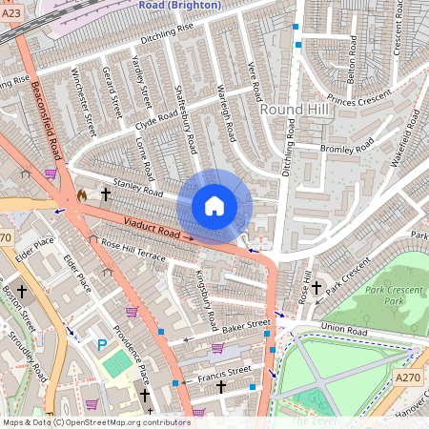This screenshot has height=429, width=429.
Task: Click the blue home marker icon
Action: tap(214, 205)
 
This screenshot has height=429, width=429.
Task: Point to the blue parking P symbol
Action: tap(102, 343)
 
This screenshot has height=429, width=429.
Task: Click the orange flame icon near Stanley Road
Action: tap(82, 194)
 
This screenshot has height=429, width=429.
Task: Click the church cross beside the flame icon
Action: tap(106, 194)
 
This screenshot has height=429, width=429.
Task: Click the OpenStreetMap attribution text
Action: tap(96, 422)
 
